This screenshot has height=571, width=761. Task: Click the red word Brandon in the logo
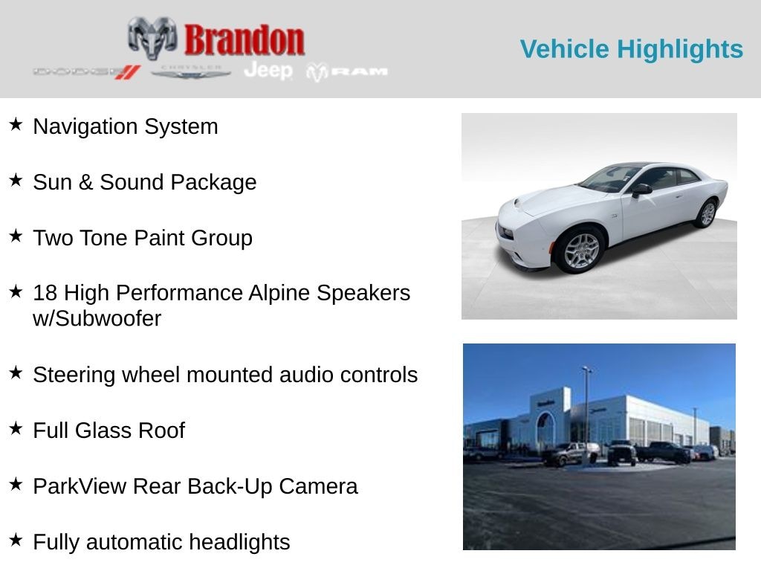(x=244, y=40)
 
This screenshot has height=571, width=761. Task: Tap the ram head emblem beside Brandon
(x=152, y=38)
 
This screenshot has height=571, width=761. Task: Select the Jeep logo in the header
(x=268, y=71)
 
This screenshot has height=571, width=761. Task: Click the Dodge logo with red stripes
(x=87, y=72)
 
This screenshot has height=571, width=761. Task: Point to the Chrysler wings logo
(x=191, y=72)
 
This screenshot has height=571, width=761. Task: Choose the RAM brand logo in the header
(x=347, y=72)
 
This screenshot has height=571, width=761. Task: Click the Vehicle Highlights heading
(x=632, y=49)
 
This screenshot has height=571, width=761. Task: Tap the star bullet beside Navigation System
(x=16, y=124)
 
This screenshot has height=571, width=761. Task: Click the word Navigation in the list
(x=85, y=126)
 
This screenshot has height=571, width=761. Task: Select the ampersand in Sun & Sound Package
(x=86, y=182)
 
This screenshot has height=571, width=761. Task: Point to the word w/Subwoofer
(x=97, y=318)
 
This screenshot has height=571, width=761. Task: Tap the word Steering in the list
(x=74, y=375)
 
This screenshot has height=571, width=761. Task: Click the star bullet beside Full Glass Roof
(x=16, y=428)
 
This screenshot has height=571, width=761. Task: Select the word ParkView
(x=80, y=486)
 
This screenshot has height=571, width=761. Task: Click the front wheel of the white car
(x=580, y=251)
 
